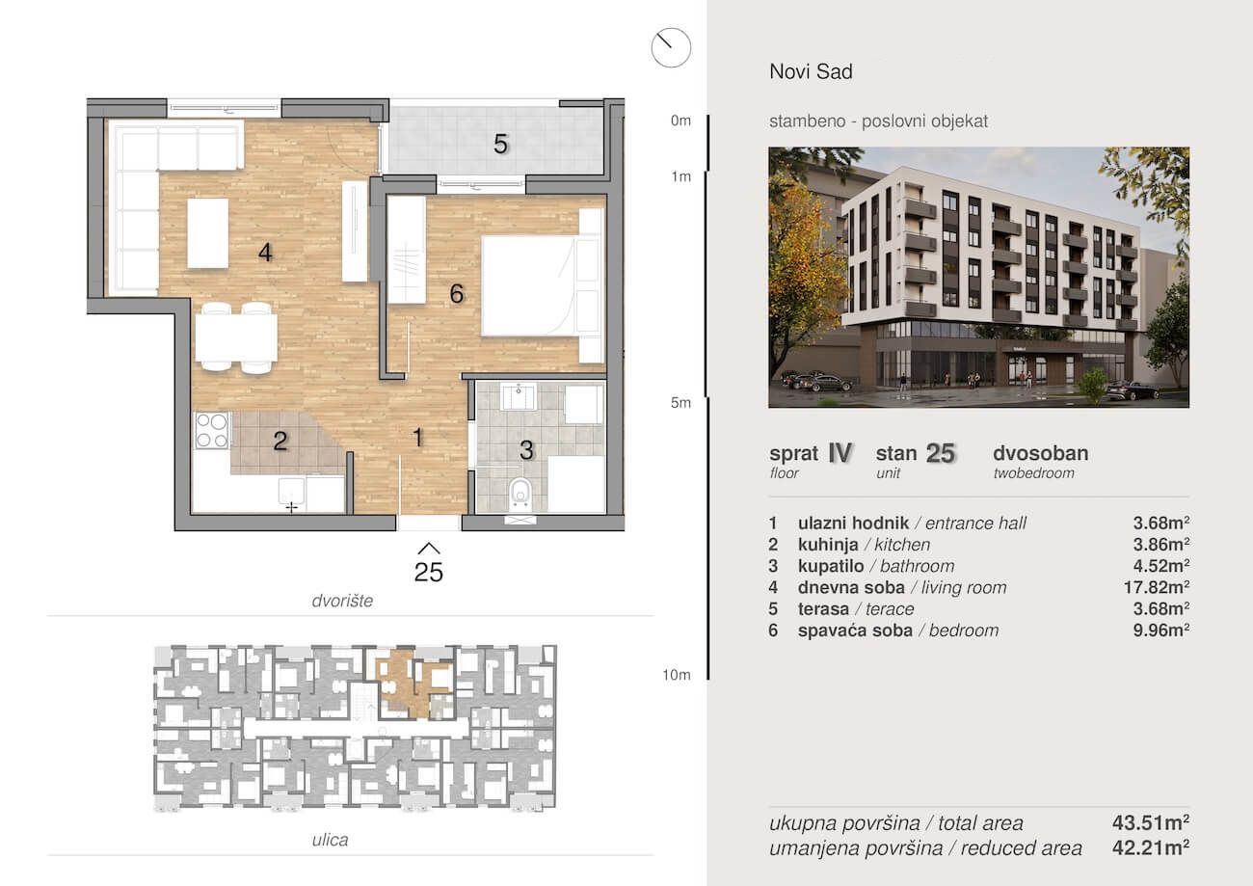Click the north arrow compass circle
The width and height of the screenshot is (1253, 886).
671,47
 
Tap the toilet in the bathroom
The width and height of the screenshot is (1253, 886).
520,493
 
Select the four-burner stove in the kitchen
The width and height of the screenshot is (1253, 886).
212,430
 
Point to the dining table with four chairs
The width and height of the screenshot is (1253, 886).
236,337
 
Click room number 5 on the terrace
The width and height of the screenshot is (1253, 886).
500,144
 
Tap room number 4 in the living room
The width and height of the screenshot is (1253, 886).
265,253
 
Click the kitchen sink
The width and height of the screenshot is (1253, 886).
292,493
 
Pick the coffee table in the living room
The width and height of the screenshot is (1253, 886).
207,233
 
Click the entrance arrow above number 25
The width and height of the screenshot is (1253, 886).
429,548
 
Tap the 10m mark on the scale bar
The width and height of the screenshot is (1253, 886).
677,675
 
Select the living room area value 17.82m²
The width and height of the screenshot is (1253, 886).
1157,587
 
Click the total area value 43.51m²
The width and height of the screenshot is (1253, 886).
1151,822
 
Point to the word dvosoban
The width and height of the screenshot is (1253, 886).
1040,453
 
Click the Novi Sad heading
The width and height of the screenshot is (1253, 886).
812,71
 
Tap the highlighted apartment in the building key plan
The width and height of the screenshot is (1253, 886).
414,682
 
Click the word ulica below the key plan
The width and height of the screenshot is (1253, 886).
330,839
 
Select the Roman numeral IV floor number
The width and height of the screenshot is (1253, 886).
840,453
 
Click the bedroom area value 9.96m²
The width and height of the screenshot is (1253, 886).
1161,631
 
